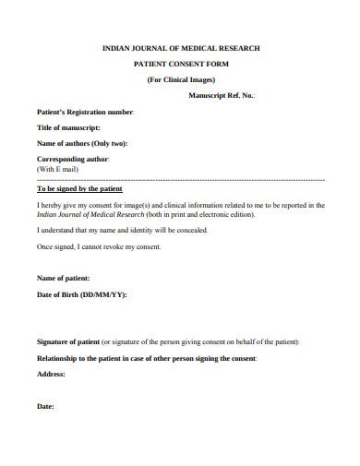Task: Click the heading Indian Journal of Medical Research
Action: [x=180, y=46]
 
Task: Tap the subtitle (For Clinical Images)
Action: [x=181, y=79]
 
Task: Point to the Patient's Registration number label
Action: [x=85, y=112]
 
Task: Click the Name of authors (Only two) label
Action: [x=82, y=143]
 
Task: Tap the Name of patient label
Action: [x=64, y=278]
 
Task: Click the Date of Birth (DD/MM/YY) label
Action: [x=81, y=294]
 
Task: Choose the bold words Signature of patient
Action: [x=67, y=341]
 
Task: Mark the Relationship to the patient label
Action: [x=146, y=357]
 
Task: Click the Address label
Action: [x=51, y=374]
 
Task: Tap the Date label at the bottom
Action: [x=45, y=406]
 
